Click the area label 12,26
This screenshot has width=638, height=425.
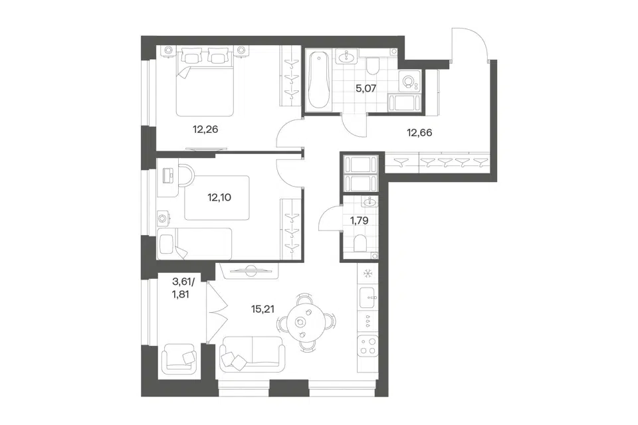point(205,129)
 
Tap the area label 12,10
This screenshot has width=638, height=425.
point(219,198)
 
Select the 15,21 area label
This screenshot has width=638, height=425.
point(263,309)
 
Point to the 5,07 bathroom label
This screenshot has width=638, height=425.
point(366,88)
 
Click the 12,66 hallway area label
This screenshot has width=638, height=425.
point(419,133)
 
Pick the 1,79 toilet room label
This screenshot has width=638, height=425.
point(360,221)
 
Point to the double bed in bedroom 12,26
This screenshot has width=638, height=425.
point(204,81)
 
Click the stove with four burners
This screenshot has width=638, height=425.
point(368,346)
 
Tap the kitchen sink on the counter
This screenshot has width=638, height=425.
point(368,298)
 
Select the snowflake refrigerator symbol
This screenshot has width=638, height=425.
point(368,274)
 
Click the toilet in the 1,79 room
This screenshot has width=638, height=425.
point(360,244)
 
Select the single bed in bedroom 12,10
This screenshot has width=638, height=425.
point(195,243)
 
